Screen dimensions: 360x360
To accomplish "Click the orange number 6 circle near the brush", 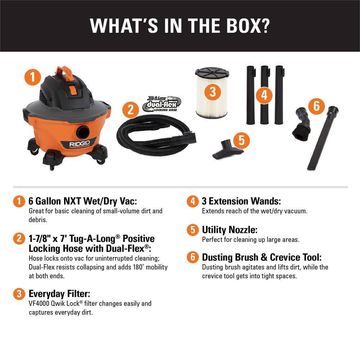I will tap(316, 106).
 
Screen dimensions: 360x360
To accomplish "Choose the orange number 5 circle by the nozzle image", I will tap(241, 140).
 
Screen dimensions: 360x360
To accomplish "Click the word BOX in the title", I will tap(246, 26).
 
